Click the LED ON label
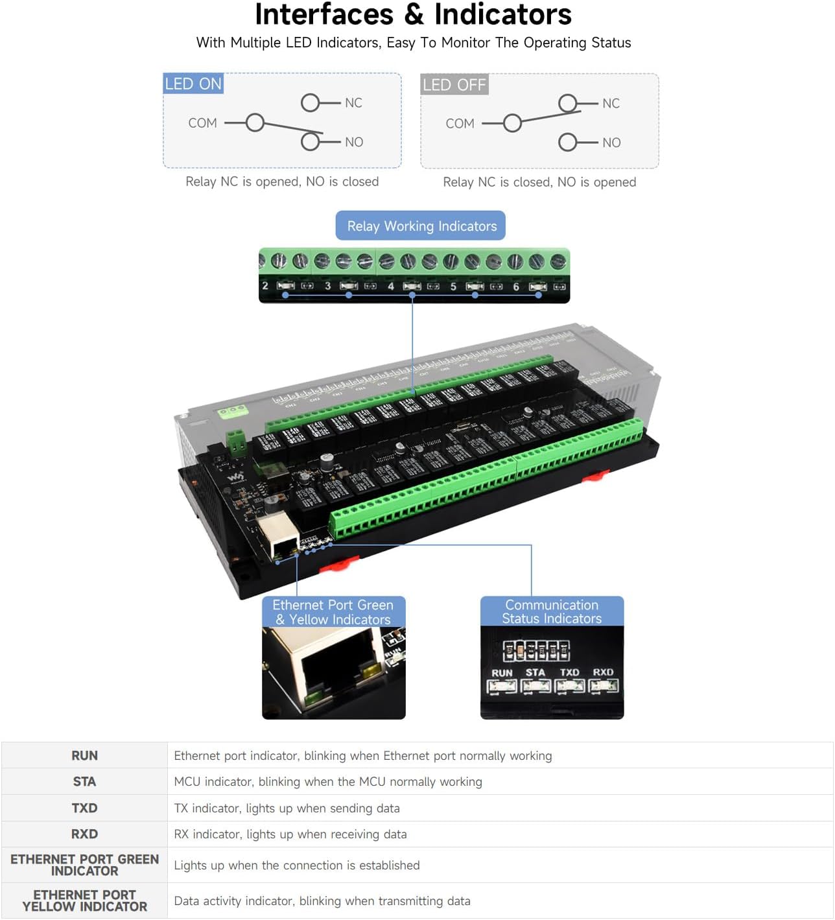193,84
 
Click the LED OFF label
454,84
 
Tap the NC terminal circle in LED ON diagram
311,102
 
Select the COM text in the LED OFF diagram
460,123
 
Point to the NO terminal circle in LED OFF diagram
568,142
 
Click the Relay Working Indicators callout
421,226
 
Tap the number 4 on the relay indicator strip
391,286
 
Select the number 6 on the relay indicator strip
516,286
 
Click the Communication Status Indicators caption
552,611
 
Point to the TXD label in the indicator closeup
569,672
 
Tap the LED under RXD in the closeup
604,686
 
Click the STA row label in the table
84,781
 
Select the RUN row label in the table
84,755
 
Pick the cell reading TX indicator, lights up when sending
287,808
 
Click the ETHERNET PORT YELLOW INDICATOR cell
84,901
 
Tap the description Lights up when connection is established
296,865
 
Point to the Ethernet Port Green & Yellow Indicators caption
333,612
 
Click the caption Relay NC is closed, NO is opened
539,182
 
